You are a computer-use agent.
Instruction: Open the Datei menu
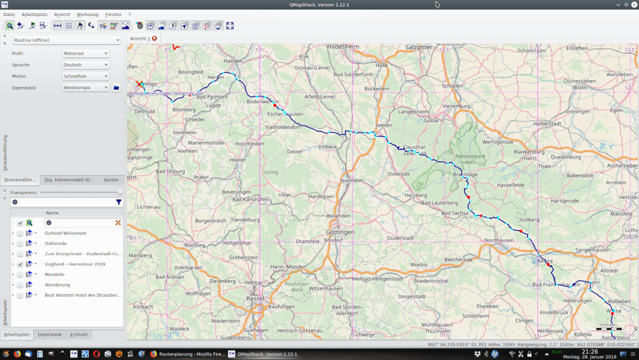tap(9, 14)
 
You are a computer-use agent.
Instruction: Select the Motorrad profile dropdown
tap(86, 53)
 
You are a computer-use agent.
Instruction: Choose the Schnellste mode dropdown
tap(86, 76)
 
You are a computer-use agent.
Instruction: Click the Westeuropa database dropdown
tap(86, 88)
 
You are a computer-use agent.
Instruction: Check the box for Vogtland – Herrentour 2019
tap(20, 264)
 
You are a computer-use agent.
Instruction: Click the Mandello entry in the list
tap(54, 274)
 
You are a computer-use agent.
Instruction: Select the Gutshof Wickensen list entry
tap(66, 233)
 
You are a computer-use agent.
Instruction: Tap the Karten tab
tap(111, 180)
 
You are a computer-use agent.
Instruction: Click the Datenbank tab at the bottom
tap(50, 334)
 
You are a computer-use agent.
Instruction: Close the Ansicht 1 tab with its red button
tap(155, 38)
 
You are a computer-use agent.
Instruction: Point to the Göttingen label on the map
tap(340, 231)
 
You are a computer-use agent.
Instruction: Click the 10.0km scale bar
tap(608, 325)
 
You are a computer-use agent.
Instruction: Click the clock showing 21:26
tap(589, 351)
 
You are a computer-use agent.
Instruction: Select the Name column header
tap(52, 213)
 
